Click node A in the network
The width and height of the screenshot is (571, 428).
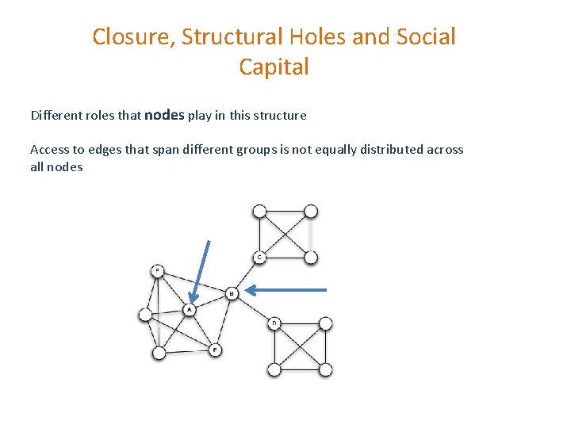click(x=190, y=309)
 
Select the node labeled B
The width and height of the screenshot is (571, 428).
click(x=232, y=293)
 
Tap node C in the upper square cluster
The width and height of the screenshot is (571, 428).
click(x=259, y=257)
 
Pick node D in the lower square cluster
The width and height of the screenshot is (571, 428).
click(x=274, y=323)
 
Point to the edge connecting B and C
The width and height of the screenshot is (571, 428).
click(x=246, y=274)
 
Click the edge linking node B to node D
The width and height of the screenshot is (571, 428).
click(x=253, y=309)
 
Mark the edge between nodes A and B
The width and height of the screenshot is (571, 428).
click(x=210, y=301)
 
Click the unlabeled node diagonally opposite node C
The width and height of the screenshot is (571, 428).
click(x=311, y=212)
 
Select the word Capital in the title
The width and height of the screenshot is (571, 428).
click(x=274, y=67)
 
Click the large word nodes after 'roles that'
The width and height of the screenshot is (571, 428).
click(x=164, y=115)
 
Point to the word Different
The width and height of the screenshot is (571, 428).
click(x=56, y=116)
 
